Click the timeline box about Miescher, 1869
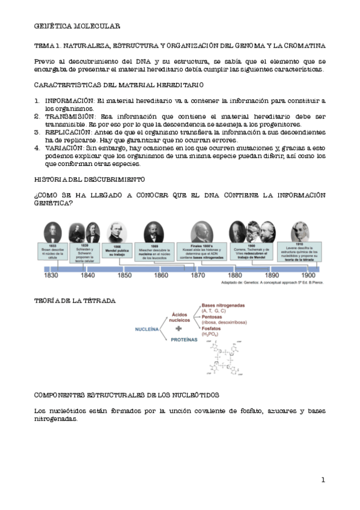pos(154,253)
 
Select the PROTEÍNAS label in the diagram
pos(185,340)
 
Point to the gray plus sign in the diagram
pos(178,330)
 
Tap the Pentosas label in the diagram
pos(215,316)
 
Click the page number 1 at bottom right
pos(323,480)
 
